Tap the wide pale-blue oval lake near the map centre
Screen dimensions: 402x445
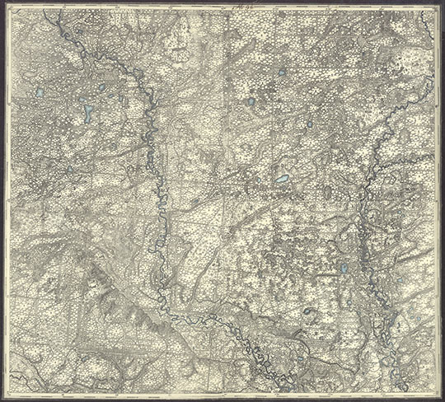282,178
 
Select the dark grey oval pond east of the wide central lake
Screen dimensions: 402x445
327,191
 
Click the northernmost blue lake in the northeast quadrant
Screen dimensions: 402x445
282,72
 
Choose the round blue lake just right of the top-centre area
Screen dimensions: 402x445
250,102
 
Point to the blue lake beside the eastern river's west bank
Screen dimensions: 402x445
343,269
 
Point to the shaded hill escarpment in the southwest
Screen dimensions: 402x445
107,288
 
